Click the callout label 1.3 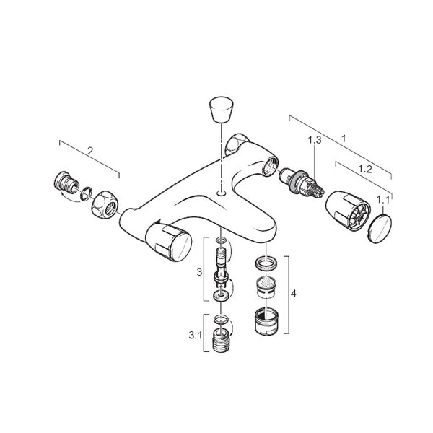[315, 140]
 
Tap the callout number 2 [90, 151]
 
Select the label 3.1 [196, 336]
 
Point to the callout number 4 [294, 294]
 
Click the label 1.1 [383, 200]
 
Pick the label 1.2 [365, 169]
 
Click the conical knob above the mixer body [222, 109]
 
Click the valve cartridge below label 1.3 [302, 183]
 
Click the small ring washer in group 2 [86, 193]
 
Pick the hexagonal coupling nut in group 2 [105, 204]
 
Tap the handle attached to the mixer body [168, 242]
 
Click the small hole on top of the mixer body [222, 193]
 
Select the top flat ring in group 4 [266, 263]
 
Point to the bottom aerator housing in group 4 [266, 320]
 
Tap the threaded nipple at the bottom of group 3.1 [222, 341]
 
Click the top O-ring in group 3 [222, 240]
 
